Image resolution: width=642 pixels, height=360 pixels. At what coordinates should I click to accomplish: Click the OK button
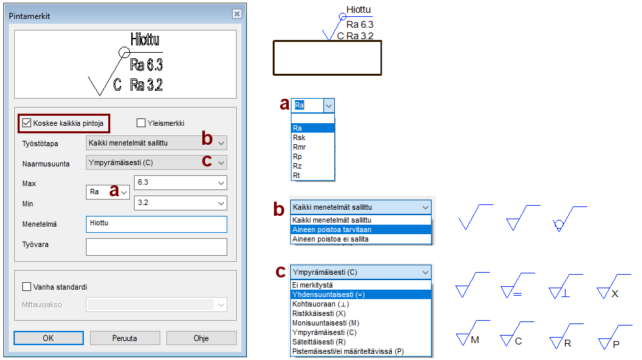point(48,338)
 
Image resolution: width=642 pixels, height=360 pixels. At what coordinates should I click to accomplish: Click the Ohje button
point(201,338)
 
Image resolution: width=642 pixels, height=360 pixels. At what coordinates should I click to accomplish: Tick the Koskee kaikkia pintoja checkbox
point(27,123)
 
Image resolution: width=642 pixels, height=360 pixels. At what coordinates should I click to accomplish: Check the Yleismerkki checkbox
point(141,123)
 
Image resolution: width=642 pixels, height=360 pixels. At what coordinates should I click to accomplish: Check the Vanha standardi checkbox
point(26,287)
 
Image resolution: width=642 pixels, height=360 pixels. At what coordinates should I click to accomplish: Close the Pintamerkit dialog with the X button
point(237,14)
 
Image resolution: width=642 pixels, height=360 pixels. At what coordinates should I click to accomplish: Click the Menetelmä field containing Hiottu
point(156,224)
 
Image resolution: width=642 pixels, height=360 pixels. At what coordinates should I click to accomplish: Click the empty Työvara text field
point(156,247)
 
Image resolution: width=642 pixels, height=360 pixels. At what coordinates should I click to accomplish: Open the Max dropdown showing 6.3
point(221,183)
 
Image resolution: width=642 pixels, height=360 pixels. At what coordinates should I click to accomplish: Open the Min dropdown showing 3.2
point(221,203)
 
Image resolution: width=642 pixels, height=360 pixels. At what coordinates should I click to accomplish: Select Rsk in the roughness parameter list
point(299,137)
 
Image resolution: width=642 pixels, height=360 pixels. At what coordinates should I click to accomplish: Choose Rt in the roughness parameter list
point(296,175)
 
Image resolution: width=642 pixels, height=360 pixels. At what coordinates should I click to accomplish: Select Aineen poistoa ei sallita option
point(330,239)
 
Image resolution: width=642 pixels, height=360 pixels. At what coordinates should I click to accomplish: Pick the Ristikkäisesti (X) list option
point(319,313)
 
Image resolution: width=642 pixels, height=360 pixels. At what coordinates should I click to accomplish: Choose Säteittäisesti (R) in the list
point(319,342)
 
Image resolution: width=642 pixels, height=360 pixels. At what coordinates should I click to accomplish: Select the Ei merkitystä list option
point(313,285)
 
